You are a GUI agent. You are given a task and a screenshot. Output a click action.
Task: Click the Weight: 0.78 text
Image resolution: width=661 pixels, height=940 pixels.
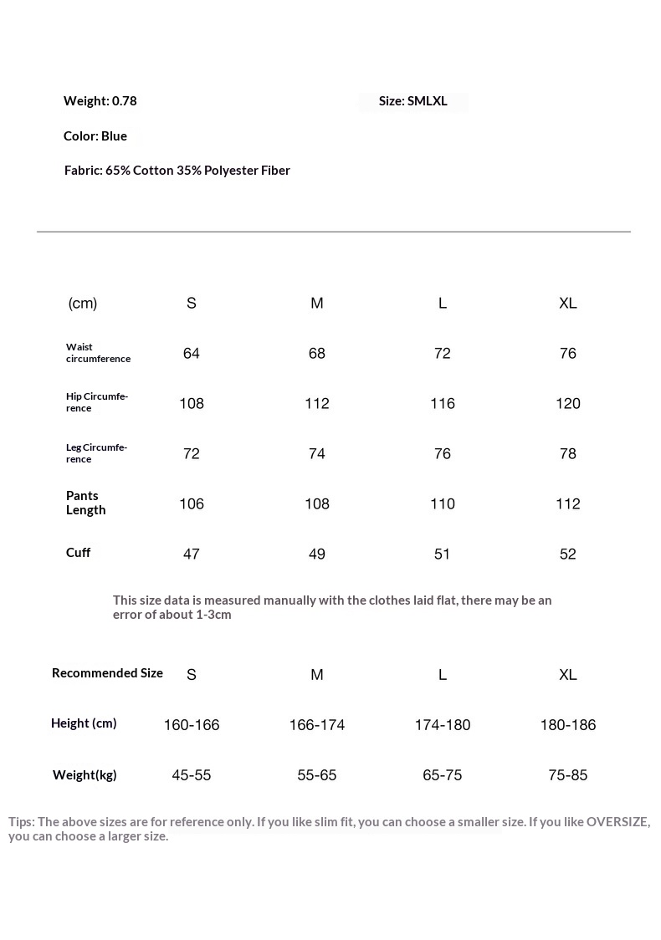tap(100, 101)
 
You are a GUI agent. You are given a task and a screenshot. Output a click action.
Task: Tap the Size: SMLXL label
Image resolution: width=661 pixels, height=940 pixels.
tap(412, 101)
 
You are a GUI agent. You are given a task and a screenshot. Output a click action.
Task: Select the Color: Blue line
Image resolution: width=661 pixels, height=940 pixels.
tap(95, 136)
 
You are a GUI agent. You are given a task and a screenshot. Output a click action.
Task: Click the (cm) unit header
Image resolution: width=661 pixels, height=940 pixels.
tap(83, 304)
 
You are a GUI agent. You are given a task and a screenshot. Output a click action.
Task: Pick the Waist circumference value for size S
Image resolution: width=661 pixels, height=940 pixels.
tap(192, 354)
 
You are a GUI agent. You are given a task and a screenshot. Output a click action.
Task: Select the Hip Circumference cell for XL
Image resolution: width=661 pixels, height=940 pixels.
tap(568, 404)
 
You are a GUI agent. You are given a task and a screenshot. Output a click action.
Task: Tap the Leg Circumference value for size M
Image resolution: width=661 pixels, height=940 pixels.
tap(317, 454)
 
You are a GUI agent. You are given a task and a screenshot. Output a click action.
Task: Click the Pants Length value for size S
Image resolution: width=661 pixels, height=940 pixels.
tap(192, 504)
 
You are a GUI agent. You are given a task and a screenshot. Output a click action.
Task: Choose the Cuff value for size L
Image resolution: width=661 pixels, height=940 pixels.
tap(443, 554)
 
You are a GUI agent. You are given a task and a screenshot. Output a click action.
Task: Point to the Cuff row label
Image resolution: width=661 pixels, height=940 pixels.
tap(79, 553)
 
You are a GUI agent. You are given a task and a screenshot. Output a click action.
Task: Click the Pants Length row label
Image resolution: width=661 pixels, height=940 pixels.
tap(85, 503)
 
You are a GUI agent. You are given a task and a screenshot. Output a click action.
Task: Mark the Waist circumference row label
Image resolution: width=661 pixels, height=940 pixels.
tap(98, 353)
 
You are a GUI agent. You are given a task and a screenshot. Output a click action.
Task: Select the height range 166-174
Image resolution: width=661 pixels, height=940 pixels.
tap(317, 725)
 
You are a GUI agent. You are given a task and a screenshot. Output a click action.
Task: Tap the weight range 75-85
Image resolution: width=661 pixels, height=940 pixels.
tap(568, 775)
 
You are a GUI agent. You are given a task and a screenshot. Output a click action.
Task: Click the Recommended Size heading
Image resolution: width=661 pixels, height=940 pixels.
tap(107, 673)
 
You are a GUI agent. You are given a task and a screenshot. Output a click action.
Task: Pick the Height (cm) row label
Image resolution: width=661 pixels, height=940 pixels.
tap(84, 723)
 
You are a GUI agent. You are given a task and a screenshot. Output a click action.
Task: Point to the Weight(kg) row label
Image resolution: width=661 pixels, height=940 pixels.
tap(85, 775)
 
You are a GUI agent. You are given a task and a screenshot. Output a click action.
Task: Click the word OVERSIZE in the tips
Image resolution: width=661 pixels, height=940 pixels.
tap(617, 822)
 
